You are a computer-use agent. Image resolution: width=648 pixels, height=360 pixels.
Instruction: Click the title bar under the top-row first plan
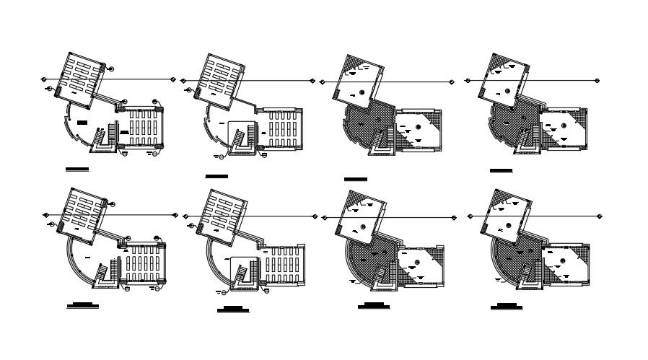(x=76, y=170)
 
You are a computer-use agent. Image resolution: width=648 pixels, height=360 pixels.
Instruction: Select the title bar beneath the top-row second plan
(x=216, y=176)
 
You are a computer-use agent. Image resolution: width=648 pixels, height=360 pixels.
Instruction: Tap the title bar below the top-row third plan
(x=355, y=178)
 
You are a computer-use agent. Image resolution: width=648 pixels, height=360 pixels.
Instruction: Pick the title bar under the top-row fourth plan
(x=501, y=171)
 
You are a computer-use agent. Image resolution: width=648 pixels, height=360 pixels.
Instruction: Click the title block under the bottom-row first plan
(x=82, y=306)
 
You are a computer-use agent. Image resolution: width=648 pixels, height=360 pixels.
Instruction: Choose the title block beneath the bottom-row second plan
(x=232, y=309)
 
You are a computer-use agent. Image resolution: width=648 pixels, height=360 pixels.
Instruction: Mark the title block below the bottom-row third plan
(x=373, y=306)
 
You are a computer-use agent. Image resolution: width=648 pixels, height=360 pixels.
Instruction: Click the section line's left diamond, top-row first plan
(x=43, y=79)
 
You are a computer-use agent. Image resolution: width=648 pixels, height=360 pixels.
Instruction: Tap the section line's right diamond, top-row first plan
(x=174, y=79)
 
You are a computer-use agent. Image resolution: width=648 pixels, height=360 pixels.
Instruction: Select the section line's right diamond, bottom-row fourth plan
(x=598, y=216)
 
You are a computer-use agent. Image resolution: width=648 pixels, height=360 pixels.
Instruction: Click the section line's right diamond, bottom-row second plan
(x=314, y=216)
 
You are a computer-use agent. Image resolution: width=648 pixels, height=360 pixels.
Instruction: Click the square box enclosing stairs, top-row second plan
(x=242, y=136)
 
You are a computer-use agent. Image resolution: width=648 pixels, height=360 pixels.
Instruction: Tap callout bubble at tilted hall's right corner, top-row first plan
(x=112, y=69)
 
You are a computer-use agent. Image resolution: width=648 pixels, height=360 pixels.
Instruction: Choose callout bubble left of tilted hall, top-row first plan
(x=50, y=89)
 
